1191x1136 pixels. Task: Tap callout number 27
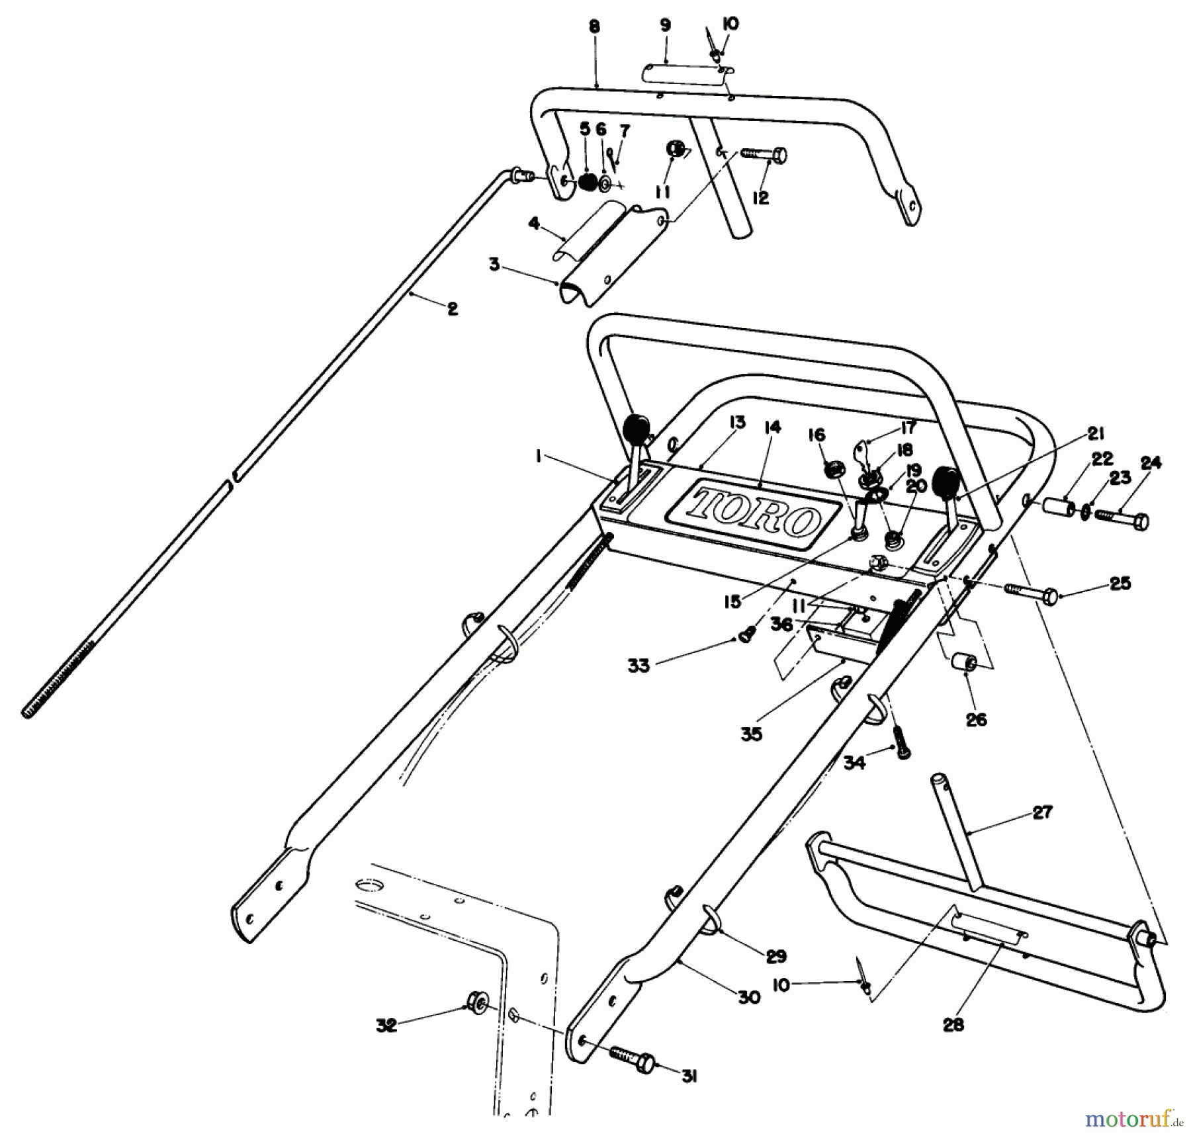(1043, 812)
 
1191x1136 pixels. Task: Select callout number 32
(386, 1026)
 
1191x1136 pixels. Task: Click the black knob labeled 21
(946, 482)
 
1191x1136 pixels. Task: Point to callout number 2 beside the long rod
(452, 309)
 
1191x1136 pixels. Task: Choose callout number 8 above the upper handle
(594, 27)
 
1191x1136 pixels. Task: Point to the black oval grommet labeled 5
(586, 181)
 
